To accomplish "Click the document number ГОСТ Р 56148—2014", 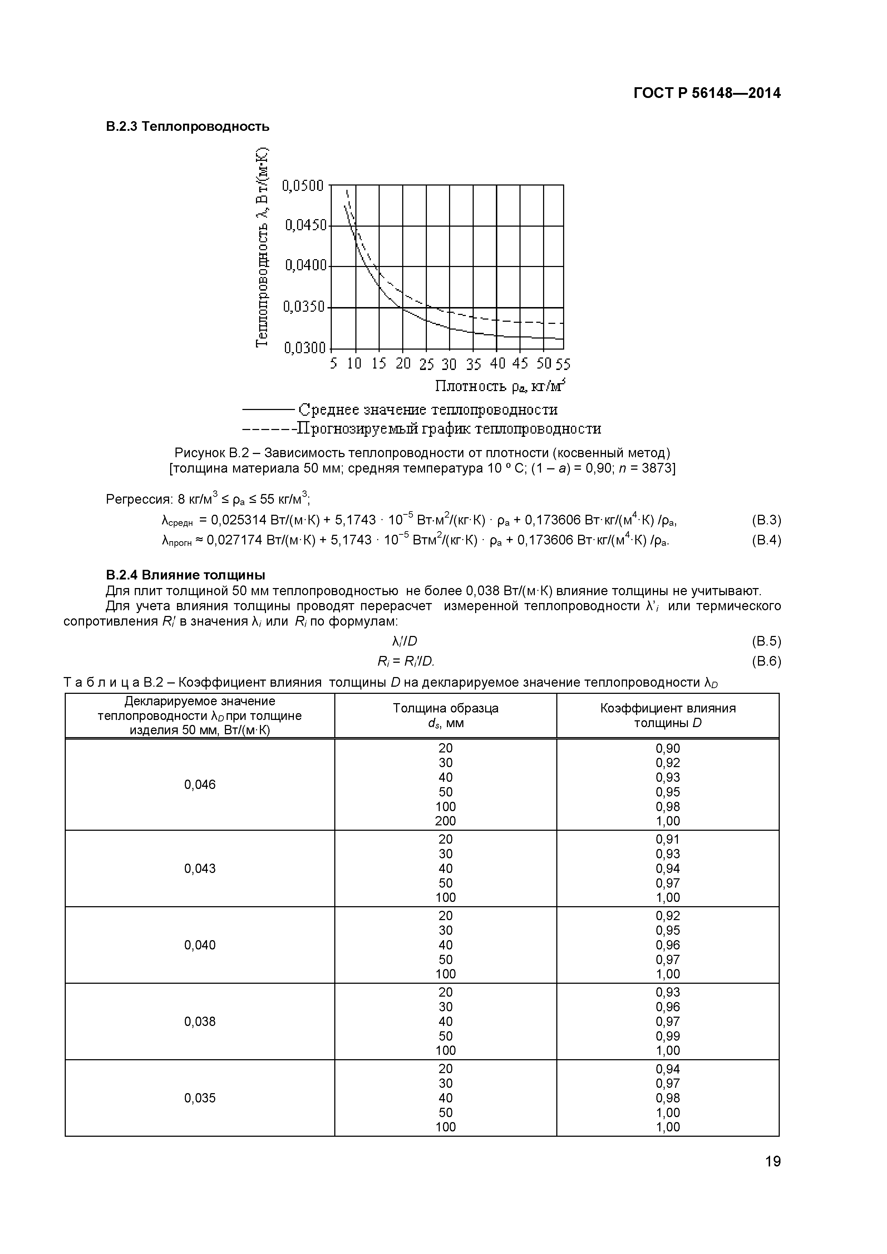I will [707, 93].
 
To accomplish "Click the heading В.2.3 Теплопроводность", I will [187, 127].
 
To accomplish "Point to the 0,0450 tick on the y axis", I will [305, 226].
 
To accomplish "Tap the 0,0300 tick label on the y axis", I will [304, 348].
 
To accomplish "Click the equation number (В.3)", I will [766, 520].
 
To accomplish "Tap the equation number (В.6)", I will [766, 661].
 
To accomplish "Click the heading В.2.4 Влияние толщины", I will [186, 575].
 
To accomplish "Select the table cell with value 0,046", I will [200, 785].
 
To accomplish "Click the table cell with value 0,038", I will [200, 1021].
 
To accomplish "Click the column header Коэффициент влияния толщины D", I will [667, 716].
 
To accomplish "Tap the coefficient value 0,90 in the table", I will [667, 748].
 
